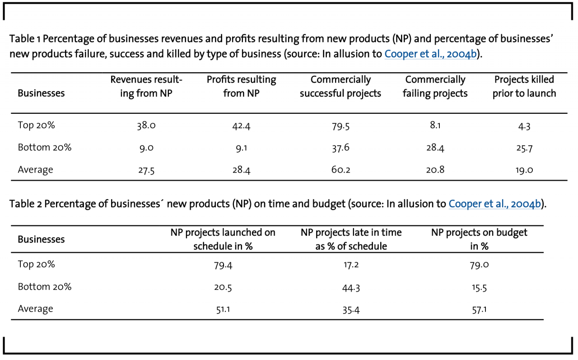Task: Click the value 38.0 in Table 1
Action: [146, 126]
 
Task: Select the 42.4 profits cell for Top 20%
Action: [241, 126]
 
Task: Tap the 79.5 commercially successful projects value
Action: [340, 126]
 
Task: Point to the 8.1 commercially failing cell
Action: [435, 125]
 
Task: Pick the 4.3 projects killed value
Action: [524, 126]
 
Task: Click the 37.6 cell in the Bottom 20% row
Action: [340, 148]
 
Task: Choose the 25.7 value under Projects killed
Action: [524, 148]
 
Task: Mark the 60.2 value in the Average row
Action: [340, 170]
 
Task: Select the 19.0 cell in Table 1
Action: [524, 170]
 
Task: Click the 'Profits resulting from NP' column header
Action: [241, 86]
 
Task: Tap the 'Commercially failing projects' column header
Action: [435, 86]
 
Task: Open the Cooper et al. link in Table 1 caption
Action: [430, 54]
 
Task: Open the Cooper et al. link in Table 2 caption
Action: [495, 204]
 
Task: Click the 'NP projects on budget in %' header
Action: [479, 239]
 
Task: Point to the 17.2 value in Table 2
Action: [351, 265]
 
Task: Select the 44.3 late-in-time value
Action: [351, 287]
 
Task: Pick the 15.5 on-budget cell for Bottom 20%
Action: [479, 287]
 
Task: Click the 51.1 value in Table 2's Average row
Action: [223, 309]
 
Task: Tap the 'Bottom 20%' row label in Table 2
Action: [45, 287]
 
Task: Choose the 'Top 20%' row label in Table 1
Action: [36, 125]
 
